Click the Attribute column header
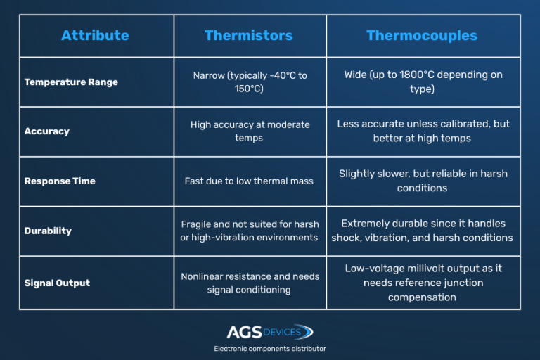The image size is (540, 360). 95,35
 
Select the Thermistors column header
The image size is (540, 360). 249,35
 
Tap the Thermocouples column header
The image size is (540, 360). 422,35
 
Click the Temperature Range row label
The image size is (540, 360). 71,82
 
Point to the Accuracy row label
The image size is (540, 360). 47,131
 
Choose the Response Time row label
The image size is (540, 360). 60,181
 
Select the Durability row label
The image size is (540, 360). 48,231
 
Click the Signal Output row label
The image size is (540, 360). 57,283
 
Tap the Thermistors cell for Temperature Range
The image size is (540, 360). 250,82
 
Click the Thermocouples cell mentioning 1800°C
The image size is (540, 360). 423,82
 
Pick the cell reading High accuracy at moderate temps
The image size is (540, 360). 250,131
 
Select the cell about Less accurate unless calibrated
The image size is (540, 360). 423,131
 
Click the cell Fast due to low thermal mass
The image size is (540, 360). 250,181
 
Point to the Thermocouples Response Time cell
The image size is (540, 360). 423,181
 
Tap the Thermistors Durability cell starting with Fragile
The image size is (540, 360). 250,231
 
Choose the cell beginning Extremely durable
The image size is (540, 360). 423,231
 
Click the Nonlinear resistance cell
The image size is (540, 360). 250,283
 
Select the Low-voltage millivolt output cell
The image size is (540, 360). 423,283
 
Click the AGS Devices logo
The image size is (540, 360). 270,332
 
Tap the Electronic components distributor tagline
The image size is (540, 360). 270,349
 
